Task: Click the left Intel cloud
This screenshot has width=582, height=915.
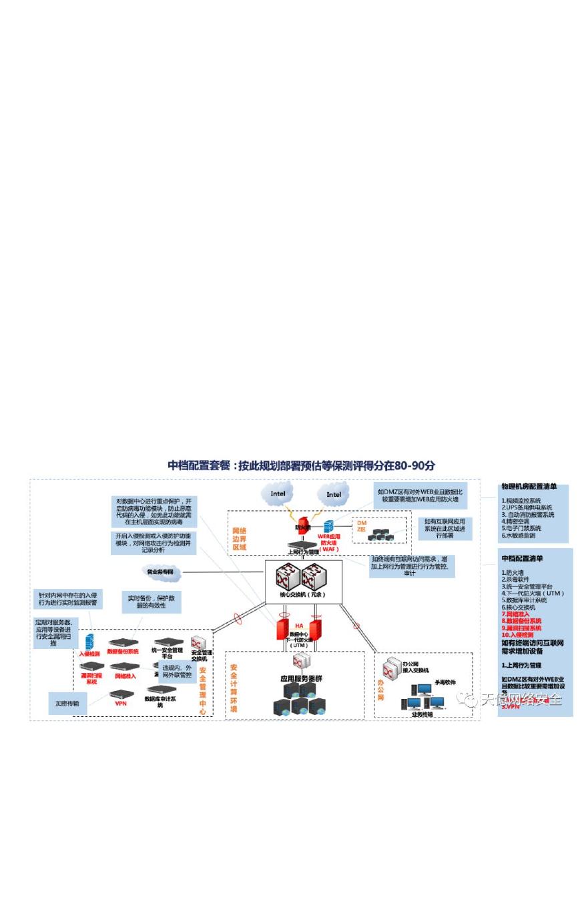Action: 277,494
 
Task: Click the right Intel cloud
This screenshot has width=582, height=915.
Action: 334,494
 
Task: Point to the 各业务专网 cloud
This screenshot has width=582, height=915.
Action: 160,572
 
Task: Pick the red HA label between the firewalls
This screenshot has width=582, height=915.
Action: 299,626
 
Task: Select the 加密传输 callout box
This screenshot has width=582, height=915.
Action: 67,703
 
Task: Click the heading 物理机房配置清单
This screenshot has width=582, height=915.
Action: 529,487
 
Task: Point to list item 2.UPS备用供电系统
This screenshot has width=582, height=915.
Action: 527,508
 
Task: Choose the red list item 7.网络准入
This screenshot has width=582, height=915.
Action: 516,614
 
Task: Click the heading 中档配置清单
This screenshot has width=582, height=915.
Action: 523,558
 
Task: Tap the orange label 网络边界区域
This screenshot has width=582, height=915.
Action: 239,538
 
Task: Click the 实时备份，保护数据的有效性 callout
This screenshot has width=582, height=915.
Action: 151,602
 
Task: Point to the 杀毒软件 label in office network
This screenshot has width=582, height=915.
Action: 445,682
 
